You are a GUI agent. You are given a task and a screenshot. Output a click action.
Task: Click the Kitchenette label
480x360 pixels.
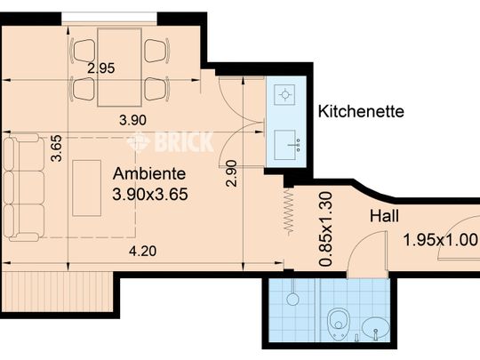[x=361, y=111]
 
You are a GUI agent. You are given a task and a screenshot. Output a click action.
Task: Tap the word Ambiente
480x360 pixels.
[x=149, y=174]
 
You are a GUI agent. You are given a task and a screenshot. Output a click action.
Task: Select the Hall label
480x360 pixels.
[x=384, y=216]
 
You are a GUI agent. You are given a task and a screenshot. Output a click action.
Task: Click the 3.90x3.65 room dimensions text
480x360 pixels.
[x=150, y=194]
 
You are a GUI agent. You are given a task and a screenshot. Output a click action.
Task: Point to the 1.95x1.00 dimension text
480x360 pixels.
[x=441, y=239]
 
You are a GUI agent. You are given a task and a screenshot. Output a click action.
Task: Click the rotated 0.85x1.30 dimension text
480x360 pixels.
[x=325, y=228]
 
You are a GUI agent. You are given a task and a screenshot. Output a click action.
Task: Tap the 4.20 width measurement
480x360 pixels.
[x=142, y=252]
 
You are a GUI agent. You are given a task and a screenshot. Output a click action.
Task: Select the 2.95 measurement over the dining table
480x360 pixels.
[x=101, y=68]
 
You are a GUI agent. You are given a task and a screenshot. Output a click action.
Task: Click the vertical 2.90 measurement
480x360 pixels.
[x=231, y=173]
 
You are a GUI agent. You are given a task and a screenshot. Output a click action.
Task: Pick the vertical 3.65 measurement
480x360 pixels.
[x=57, y=148]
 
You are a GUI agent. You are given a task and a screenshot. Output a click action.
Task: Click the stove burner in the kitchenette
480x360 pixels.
[x=284, y=94]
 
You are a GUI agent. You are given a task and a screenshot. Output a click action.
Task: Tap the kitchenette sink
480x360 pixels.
[x=285, y=145]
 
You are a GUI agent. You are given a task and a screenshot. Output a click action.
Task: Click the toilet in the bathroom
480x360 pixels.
[x=337, y=324]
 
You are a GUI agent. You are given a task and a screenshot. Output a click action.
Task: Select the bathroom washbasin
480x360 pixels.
[x=376, y=327]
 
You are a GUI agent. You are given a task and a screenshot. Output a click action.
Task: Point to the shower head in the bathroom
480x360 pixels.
[x=292, y=299]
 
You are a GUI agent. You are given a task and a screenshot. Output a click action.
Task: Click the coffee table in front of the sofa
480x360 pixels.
[x=86, y=188]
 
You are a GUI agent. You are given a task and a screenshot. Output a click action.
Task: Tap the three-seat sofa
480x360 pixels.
[x=24, y=188]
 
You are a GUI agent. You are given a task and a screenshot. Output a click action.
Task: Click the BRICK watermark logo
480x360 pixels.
[x=170, y=141]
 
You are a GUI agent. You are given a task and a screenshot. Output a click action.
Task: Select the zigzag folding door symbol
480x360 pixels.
[x=288, y=212]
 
